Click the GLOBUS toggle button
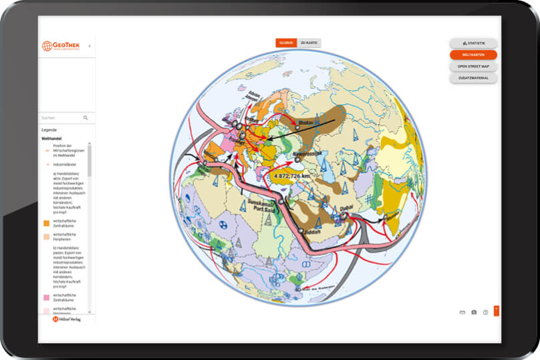286,43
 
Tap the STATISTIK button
473,43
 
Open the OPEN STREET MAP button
473,66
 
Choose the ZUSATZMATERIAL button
473,78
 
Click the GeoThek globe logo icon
47,46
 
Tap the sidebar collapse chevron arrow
90,46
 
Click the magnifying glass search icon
86,118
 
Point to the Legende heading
49,130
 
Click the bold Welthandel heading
52,139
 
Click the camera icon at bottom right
474,312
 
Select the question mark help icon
485,312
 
